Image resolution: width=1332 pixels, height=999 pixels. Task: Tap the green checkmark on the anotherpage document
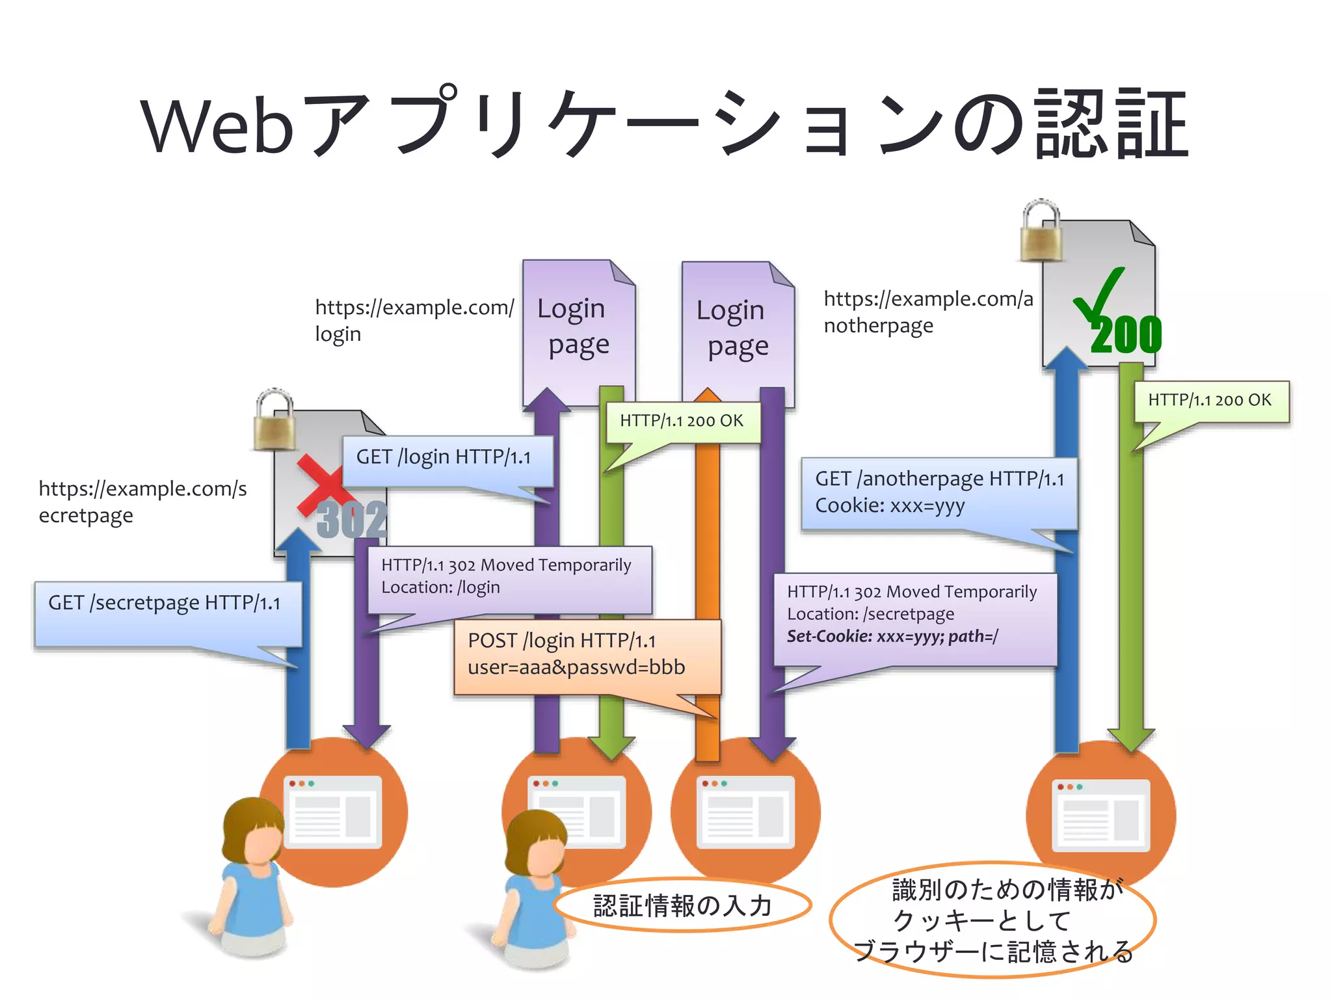pyautogui.click(x=1099, y=296)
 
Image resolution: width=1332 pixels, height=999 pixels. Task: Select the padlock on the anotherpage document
pyautogui.click(x=1041, y=231)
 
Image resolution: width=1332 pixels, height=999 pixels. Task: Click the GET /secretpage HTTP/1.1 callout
pyautogui.click(x=168, y=613)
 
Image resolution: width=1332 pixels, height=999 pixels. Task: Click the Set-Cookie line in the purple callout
pyautogui.click(x=892, y=636)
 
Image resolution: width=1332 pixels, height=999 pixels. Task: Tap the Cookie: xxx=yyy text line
pyautogui.click(x=889, y=505)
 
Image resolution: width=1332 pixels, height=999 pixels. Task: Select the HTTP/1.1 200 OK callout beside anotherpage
pyautogui.click(x=1210, y=401)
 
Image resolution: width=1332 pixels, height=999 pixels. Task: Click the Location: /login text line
pyautogui.click(x=440, y=587)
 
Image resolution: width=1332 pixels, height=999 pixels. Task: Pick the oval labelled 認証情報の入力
pyautogui.click(x=682, y=905)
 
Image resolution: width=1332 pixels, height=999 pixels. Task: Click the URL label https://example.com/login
pyautogui.click(x=414, y=319)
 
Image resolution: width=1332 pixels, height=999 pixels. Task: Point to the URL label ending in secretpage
pyautogui.click(x=142, y=501)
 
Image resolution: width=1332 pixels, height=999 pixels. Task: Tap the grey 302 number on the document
pyautogui.click(x=352, y=520)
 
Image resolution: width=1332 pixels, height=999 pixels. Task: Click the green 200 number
pyautogui.click(x=1126, y=336)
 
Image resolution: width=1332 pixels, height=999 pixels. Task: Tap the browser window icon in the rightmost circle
pyautogui.click(x=1100, y=816)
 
